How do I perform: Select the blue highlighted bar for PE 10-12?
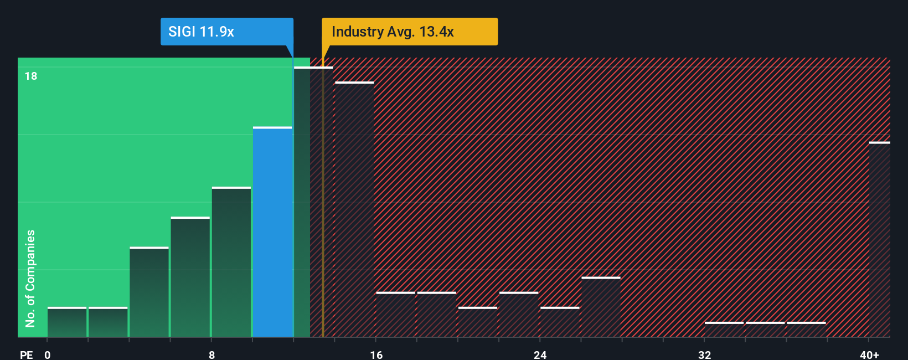pyautogui.click(x=272, y=233)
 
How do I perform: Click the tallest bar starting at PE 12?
pyautogui.click(x=302, y=202)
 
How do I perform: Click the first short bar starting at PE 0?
pyautogui.click(x=67, y=322)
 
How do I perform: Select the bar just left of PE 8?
pyautogui.click(x=190, y=277)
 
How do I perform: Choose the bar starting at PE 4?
pyautogui.click(x=149, y=292)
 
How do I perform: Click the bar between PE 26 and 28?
pyautogui.click(x=601, y=307)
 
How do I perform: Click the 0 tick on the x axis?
pyautogui.click(x=48, y=354)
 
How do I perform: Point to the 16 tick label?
pyautogui.click(x=376, y=354)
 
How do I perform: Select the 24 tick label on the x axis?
pyautogui.click(x=540, y=354)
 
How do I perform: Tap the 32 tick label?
pyautogui.click(x=704, y=354)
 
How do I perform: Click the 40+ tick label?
pyautogui.click(x=869, y=354)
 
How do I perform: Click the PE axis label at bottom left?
pyautogui.click(x=26, y=354)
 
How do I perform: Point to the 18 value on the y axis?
pyautogui.click(x=31, y=76)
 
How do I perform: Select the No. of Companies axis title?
pyautogui.click(x=30, y=278)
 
